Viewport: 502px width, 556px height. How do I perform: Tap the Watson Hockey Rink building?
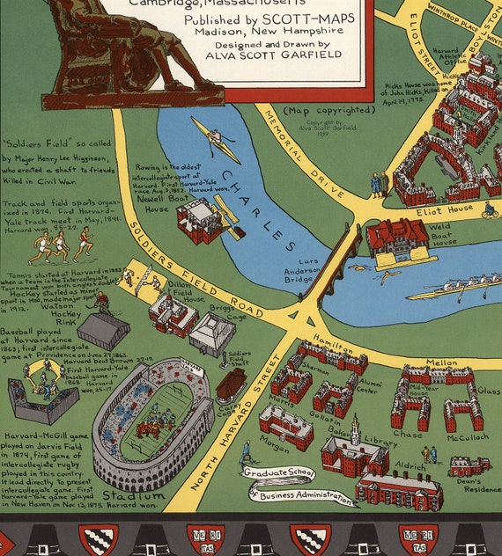pos(103,330)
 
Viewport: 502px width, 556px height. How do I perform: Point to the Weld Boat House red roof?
pos(396,235)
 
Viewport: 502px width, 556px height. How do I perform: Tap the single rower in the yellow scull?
pos(215,139)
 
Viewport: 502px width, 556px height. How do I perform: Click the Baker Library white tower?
pos(354,430)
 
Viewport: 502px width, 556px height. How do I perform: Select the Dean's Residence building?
pos(469,465)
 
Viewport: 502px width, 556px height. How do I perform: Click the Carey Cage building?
pos(231,385)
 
